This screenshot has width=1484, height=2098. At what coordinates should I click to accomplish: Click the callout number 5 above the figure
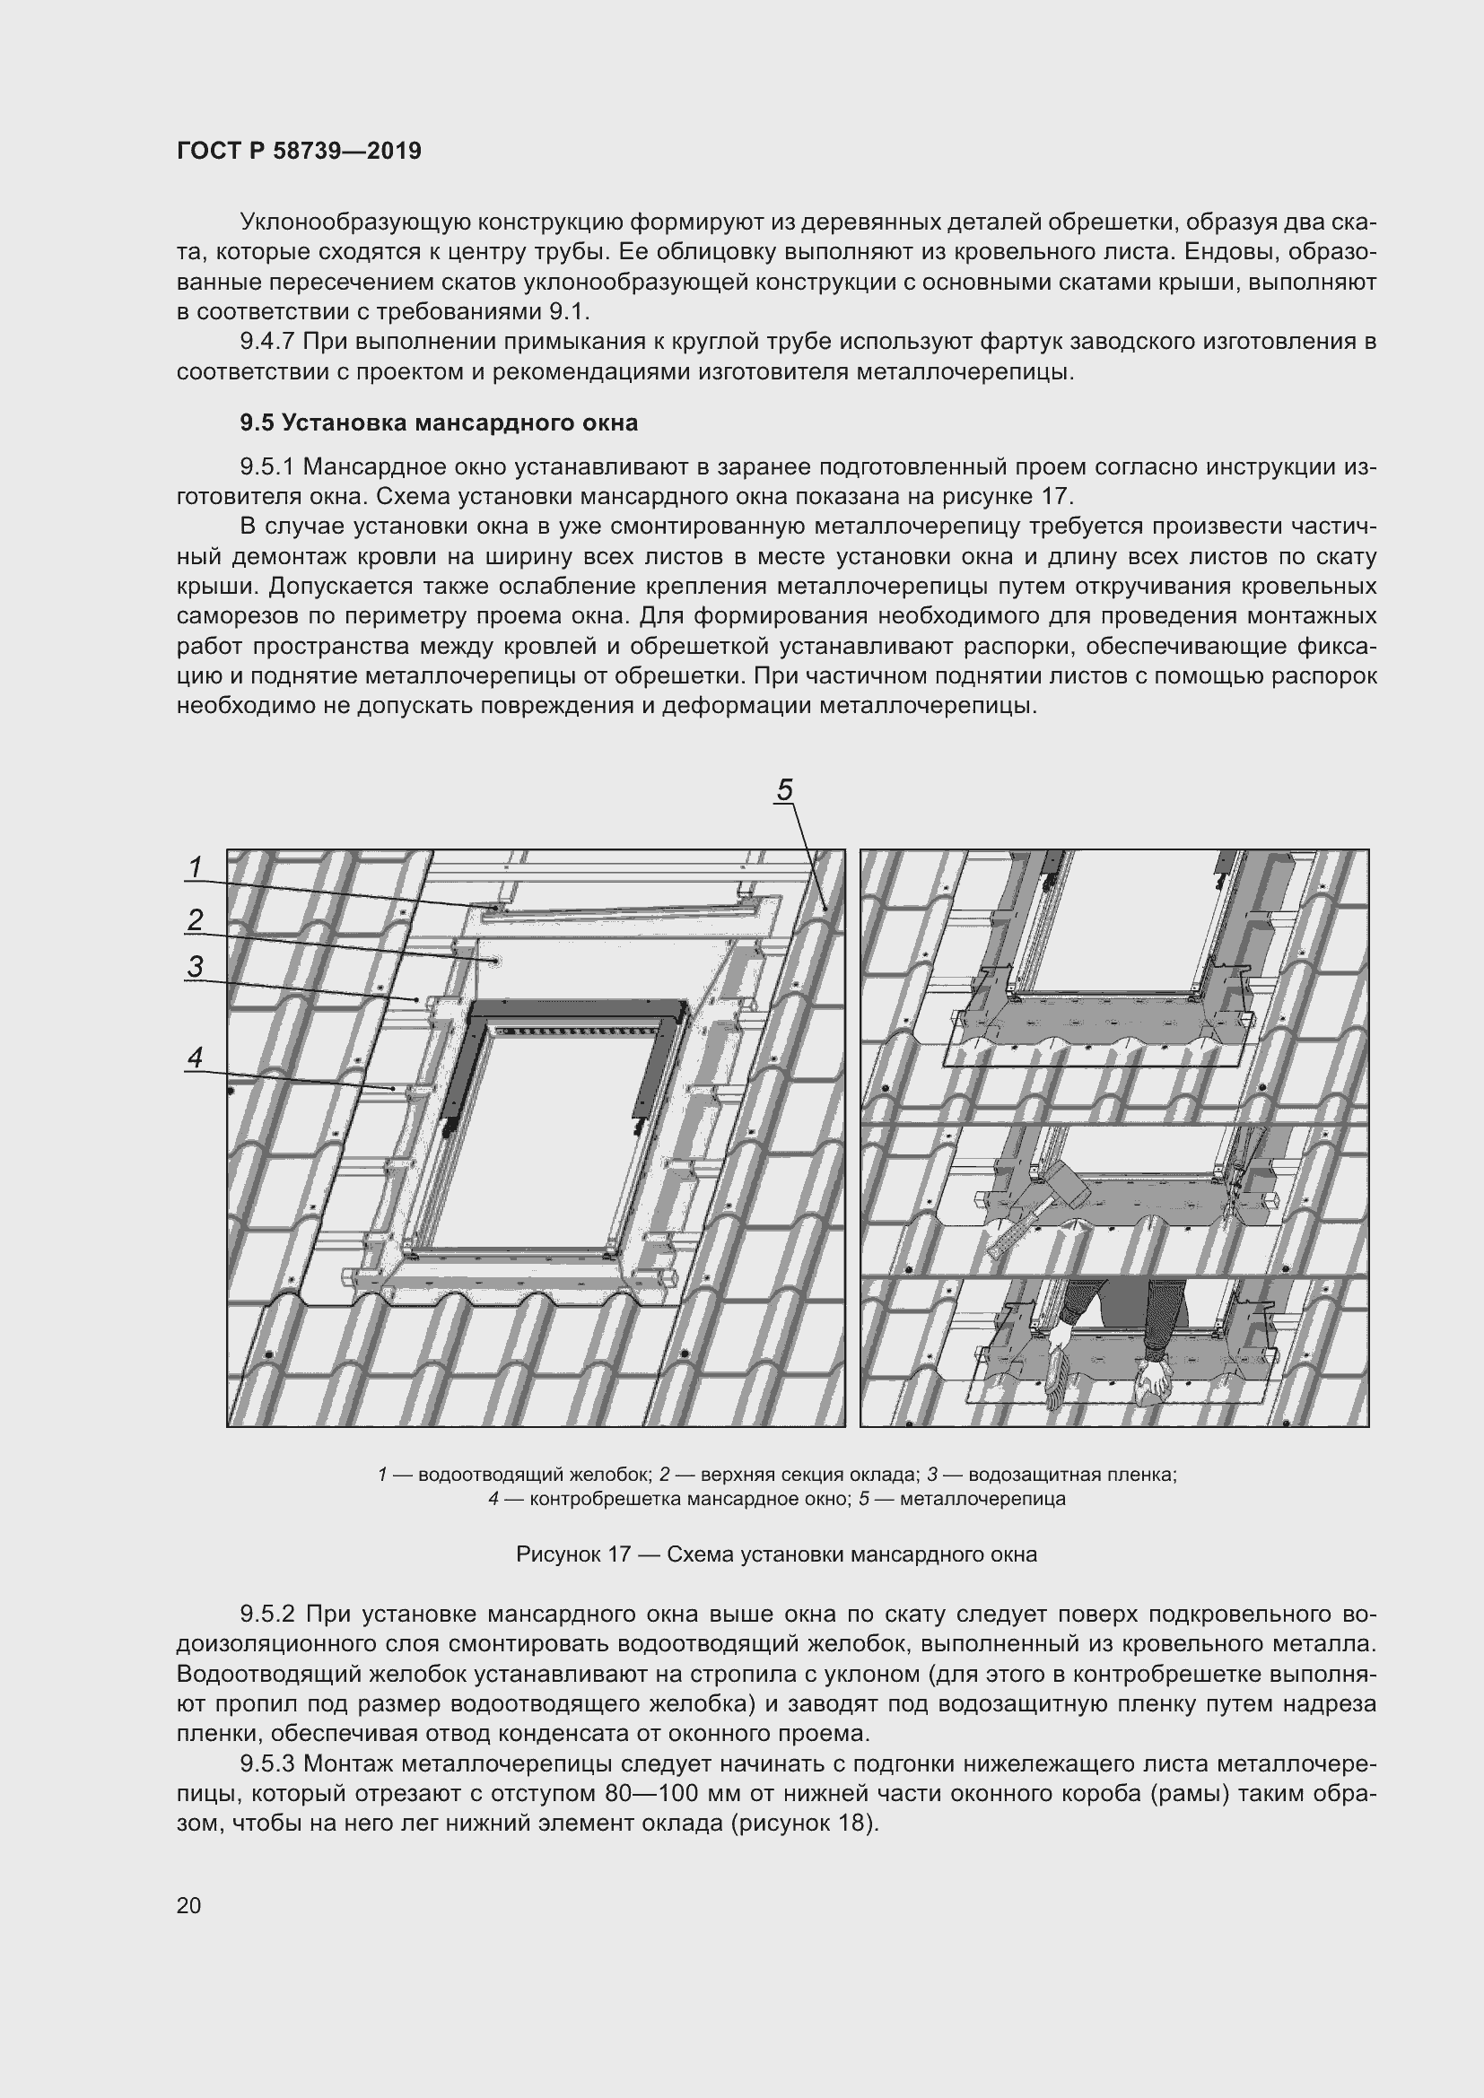click(784, 789)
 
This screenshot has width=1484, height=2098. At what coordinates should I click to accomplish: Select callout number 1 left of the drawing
click(195, 866)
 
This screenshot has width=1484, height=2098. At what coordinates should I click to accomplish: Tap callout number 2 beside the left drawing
click(195, 919)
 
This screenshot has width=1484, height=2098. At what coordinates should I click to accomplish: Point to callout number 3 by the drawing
click(195, 966)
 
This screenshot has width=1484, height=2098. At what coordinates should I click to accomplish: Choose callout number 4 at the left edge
click(195, 1058)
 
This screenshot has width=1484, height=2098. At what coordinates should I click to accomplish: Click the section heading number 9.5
click(257, 423)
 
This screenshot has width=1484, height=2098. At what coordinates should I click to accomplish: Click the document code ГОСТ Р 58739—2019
click(300, 151)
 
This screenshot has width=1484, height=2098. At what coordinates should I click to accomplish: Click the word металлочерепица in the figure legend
click(982, 1500)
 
